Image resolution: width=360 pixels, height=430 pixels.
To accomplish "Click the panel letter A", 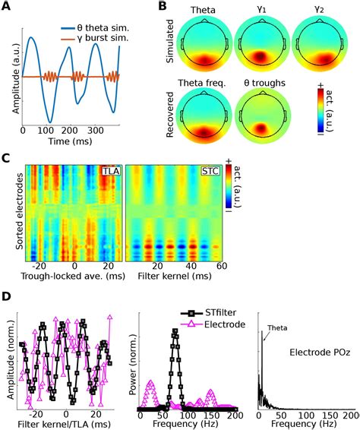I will (x=7, y=7).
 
